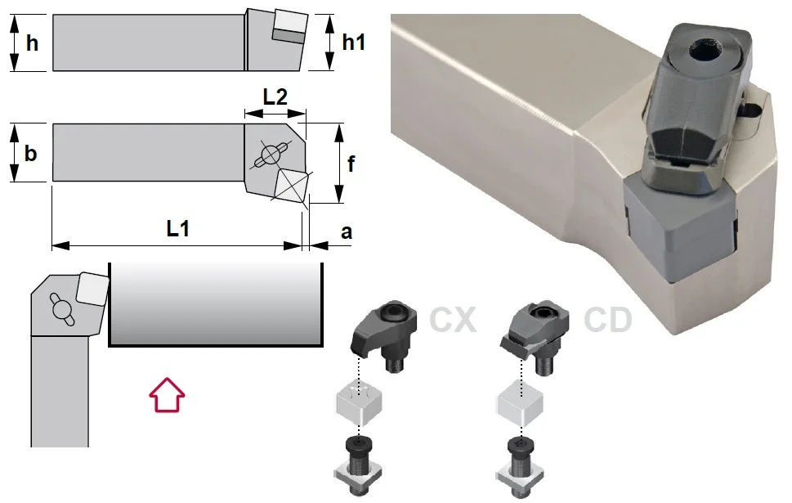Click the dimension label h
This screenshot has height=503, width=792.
tap(32, 43)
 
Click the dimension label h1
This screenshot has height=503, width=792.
tap(353, 42)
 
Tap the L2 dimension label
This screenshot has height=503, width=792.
tap(275, 97)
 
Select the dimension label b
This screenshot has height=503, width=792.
tap(30, 153)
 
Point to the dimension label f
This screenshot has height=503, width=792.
tap(351, 164)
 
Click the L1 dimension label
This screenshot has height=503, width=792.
tap(178, 228)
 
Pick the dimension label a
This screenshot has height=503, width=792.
tap(347, 232)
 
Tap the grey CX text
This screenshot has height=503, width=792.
tap(453, 320)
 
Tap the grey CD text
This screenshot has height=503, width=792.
tap(607, 320)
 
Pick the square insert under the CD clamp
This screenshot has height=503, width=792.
tap(521, 402)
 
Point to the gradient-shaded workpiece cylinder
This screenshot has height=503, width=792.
tap(216, 304)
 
